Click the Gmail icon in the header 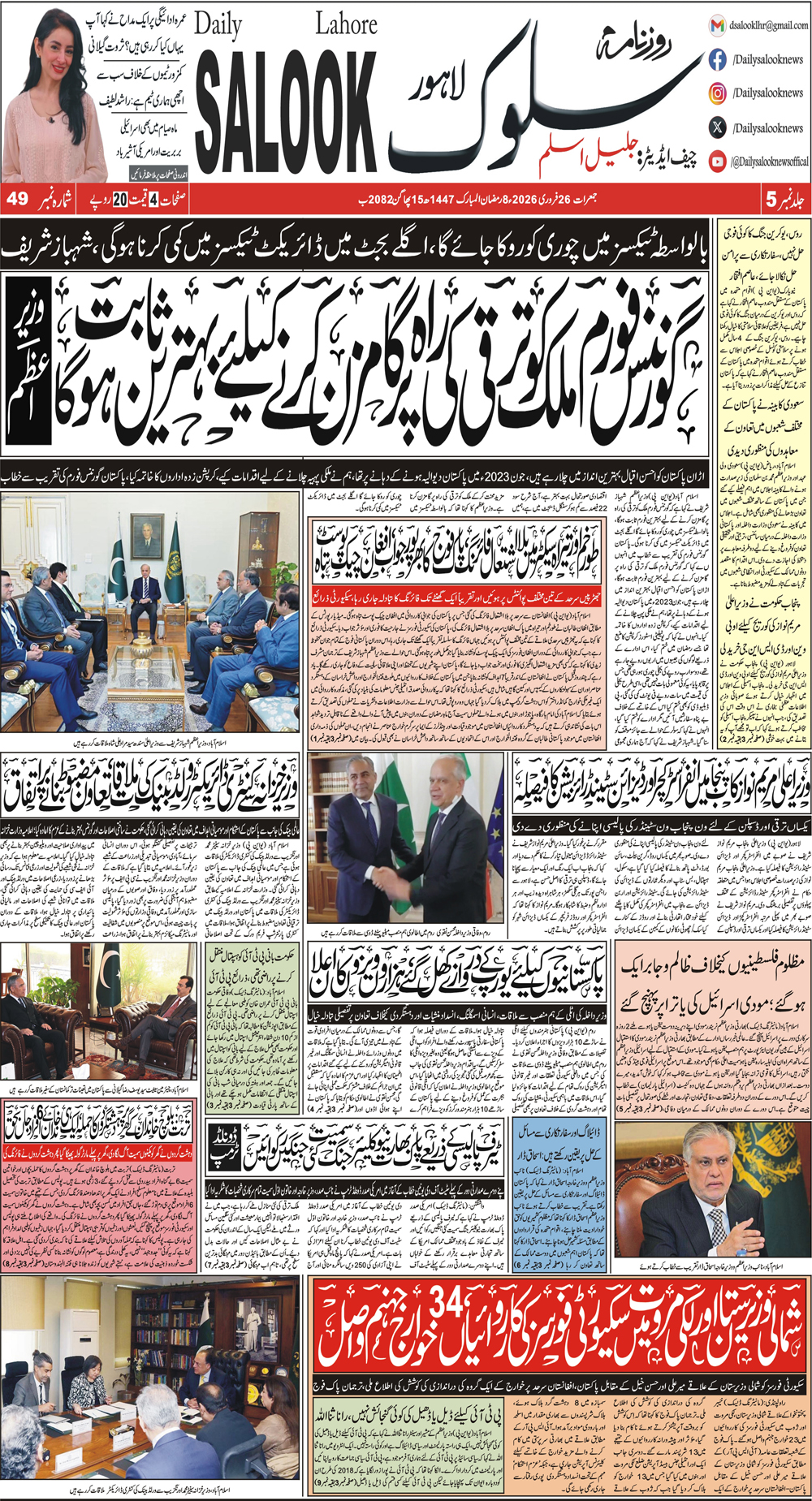coord(717,26)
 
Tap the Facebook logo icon coord(717,59)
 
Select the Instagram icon coord(717,93)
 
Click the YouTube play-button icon coord(717,161)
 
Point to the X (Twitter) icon coord(717,127)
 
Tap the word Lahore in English coord(346,25)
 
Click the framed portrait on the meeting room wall coord(147,535)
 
